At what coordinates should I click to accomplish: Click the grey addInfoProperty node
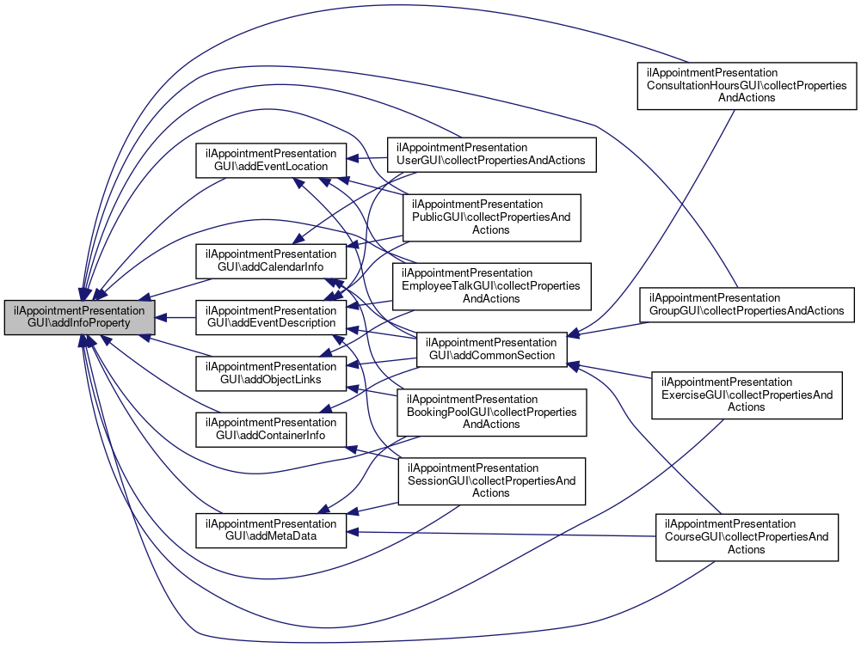80,317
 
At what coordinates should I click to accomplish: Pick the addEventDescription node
271,317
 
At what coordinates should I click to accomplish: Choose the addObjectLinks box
271,373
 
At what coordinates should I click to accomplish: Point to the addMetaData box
271,530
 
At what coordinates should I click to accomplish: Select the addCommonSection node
491,349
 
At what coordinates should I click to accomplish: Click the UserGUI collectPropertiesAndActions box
491,153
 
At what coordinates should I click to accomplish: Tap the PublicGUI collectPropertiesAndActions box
491,217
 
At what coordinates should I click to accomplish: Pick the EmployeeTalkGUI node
491,285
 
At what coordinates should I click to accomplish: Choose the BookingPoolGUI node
491,412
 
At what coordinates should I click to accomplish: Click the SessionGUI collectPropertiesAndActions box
491,480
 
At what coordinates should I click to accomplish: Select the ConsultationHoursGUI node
747,85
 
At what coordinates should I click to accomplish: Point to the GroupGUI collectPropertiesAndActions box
747,303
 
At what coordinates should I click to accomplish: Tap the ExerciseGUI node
747,394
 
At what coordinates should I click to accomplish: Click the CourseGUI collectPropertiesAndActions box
747,536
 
